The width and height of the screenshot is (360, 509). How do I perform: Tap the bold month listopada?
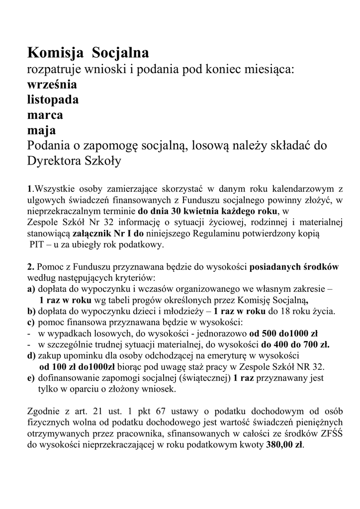point(53,99)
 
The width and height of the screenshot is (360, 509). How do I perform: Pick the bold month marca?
point(45,115)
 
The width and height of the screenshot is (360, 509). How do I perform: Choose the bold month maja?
point(41,130)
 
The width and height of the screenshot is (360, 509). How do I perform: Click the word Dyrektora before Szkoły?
point(58,162)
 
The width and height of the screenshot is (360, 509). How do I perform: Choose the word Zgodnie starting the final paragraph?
point(42,412)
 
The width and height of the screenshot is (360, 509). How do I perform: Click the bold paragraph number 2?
point(30,266)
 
